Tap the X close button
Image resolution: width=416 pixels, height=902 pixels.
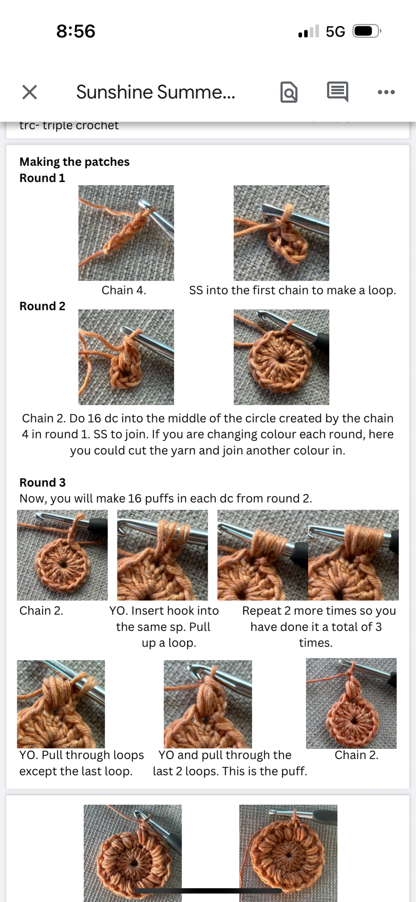[x=30, y=92]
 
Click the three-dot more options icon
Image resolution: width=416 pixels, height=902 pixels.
[x=386, y=92]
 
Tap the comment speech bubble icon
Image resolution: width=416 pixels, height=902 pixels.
[x=338, y=91]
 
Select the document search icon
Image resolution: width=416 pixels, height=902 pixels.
[x=289, y=92]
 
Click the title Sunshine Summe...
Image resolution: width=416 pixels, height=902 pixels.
[x=156, y=92]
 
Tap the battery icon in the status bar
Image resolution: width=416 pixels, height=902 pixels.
[x=367, y=31]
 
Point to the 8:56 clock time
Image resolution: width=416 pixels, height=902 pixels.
[x=76, y=31]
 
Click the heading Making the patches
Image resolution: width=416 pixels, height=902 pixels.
[x=74, y=162]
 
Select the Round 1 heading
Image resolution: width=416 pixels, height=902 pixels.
[x=42, y=178]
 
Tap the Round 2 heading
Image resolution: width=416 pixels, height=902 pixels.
[x=42, y=306]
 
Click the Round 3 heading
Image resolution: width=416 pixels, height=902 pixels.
[x=42, y=482]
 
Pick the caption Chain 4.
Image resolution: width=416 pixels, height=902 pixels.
[x=124, y=290]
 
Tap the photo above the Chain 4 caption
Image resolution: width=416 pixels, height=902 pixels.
[x=126, y=233]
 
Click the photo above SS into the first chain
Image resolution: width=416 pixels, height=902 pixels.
[x=281, y=233]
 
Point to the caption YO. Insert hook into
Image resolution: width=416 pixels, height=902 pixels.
[x=164, y=611]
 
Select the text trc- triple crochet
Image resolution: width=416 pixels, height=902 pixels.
[x=69, y=125]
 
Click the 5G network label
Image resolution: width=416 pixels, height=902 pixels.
[x=335, y=31]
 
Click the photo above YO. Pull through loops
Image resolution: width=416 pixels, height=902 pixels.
[x=61, y=704]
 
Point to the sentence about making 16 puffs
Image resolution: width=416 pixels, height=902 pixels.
[x=166, y=499]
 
